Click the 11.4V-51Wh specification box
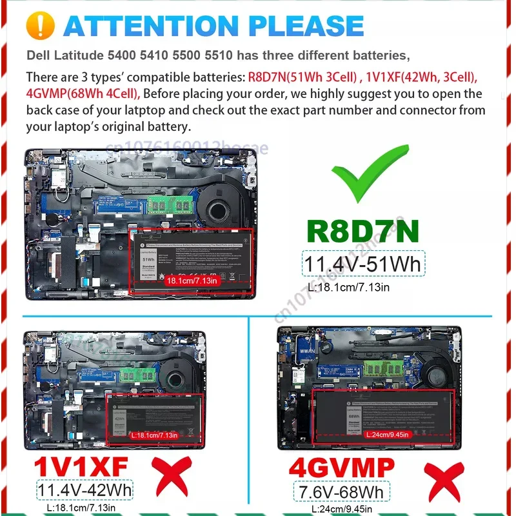[362, 264]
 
